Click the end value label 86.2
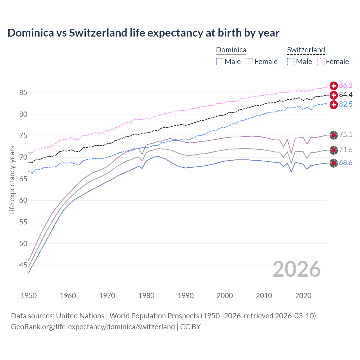coord(346,85)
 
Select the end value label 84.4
coord(346,95)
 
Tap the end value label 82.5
coord(346,104)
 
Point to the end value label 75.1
coord(346,135)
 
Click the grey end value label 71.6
coord(346,150)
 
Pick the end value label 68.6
coord(346,163)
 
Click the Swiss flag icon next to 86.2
coord(334,86)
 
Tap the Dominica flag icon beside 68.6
coord(334,163)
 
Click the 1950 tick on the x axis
coord(29,296)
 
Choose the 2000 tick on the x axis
coord(225,296)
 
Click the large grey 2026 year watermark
coord(296,269)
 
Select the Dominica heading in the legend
coord(231,50)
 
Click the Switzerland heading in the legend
coord(306,50)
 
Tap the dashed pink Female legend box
coord(321,62)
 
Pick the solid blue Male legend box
coord(220,62)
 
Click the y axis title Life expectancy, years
coord(12,180)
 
